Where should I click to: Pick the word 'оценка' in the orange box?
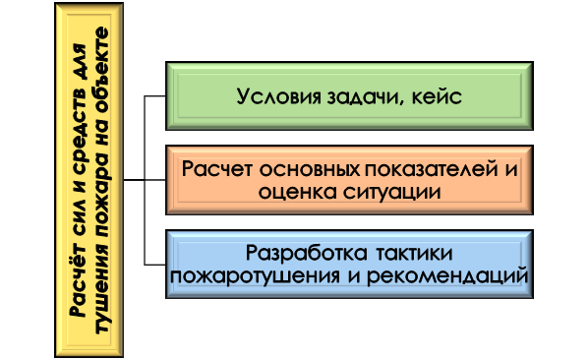(293, 192)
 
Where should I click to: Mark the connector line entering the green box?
(154, 96)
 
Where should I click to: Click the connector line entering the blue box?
(154, 263)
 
